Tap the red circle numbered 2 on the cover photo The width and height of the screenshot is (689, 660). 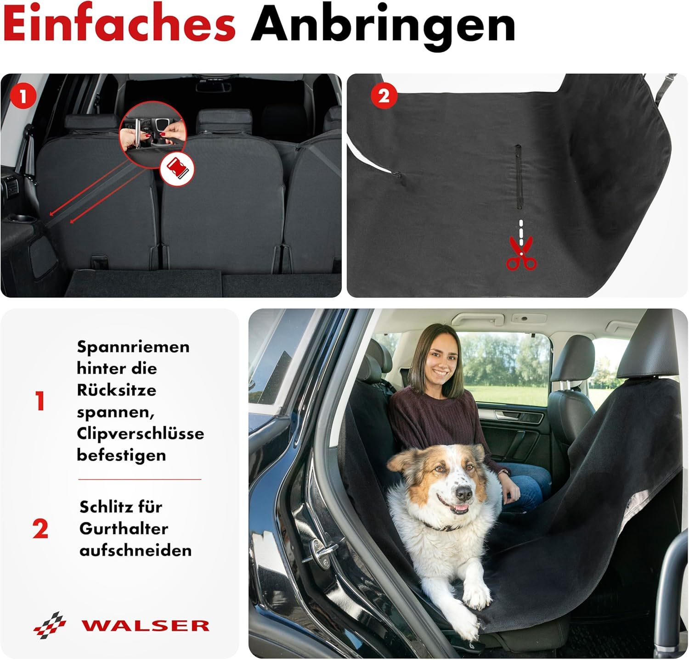point(384,95)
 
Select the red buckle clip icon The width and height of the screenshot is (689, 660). point(177,168)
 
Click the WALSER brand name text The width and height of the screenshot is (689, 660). point(145,625)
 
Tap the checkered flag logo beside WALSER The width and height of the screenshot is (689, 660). point(50,624)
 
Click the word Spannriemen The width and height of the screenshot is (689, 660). point(133,347)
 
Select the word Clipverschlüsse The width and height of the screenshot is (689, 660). point(140,433)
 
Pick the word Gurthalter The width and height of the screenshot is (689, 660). point(124,528)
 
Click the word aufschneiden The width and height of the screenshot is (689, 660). point(136,550)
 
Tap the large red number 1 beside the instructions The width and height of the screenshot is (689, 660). point(40,401)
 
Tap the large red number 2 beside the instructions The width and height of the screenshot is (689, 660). point(40,529)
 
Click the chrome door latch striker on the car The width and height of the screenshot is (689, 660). point(322,551)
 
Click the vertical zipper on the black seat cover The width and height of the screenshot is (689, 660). point(519,177)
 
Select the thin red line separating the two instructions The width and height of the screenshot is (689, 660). point(140,479)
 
